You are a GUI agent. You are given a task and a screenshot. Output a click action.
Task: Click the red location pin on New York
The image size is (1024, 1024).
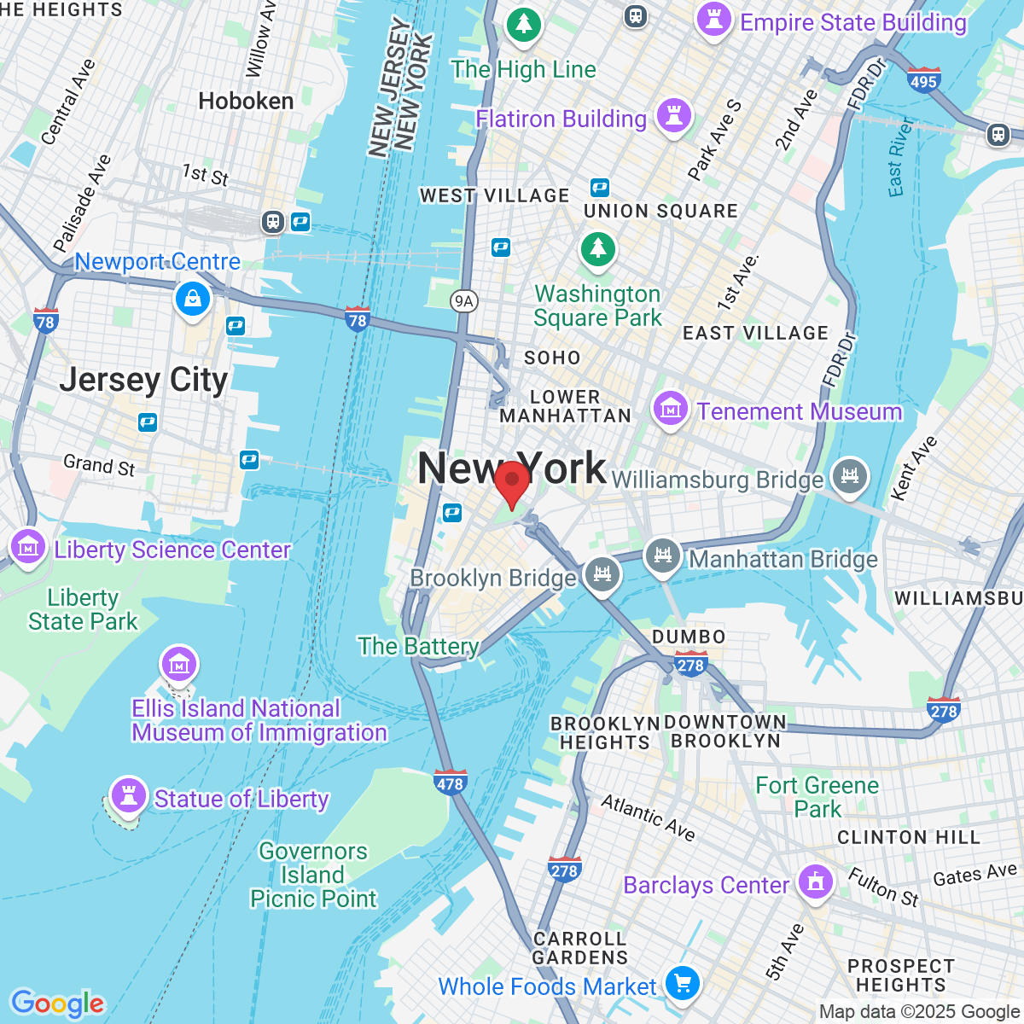[511, 483]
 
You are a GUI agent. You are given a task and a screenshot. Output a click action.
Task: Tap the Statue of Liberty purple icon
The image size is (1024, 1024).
[129, 795]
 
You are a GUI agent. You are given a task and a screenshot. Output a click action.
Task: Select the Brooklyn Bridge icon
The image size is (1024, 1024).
[602, 573]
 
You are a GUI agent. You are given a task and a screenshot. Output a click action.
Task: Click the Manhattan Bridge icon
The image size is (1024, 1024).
[662, 557]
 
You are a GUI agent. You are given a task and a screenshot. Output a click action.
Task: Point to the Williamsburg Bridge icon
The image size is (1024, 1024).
[849, 476]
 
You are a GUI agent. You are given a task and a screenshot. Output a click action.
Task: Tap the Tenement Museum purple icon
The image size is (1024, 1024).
[671, 409]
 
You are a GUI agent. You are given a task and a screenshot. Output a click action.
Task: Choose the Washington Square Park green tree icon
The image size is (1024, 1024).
[598, 249]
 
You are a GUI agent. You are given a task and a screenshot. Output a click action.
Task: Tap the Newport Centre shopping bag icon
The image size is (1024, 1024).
[193, 299]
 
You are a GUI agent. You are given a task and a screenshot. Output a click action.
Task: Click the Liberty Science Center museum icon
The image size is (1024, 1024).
[28, 546]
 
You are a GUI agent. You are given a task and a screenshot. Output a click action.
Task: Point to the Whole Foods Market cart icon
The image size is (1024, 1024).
[682, 983]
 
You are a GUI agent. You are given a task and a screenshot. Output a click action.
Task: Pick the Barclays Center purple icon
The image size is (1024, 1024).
[816, 881]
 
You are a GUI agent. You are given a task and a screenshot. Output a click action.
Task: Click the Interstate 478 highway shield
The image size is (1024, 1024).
[450, 782]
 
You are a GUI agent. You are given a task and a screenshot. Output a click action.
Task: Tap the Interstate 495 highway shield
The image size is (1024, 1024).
[923, 80]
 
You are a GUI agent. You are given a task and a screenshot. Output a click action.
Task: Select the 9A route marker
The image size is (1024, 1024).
[463, 300]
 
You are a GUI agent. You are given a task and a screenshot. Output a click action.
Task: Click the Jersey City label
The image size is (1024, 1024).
[143, 380]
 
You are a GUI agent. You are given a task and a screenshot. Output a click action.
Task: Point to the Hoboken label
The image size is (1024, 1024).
[246, 102]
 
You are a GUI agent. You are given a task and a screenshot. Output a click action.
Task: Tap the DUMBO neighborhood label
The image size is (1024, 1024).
[689, 637]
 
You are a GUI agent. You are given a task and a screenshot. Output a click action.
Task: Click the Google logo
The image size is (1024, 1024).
[57, 1004]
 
